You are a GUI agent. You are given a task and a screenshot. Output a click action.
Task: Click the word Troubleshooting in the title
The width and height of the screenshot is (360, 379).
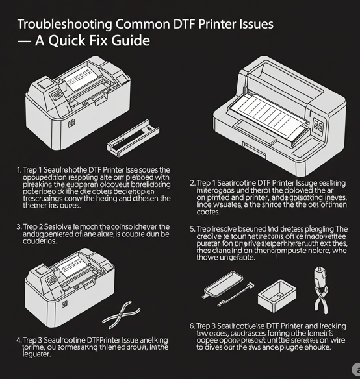(x=64, y=25)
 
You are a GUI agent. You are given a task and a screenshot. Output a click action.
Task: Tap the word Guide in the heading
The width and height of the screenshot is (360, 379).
(x=131, y=41)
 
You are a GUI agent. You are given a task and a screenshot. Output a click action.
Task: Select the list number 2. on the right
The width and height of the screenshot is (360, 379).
(x=192, y=183)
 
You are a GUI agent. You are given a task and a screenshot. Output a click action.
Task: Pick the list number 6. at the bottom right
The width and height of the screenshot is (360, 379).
(x=192, y=325)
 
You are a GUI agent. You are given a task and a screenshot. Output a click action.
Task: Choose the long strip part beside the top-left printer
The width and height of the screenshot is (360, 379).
(x=133, y=139)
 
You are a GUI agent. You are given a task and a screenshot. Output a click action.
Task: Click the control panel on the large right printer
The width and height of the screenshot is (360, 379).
(x=318, y=125)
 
